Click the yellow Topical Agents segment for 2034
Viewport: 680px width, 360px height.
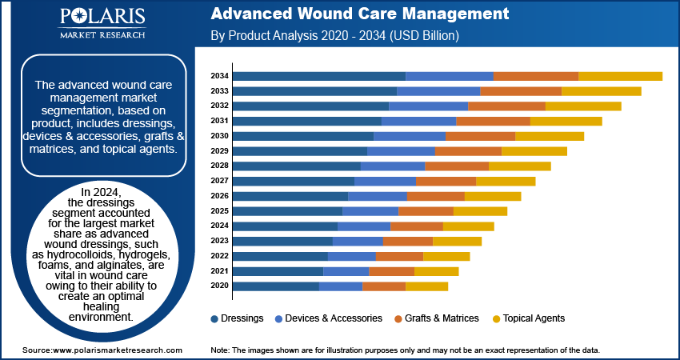(621, 76)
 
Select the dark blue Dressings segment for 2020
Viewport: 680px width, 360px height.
(276, 286)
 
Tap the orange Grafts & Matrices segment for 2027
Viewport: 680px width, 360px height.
(446, 182)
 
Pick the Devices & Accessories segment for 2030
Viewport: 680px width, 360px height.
(410, 136)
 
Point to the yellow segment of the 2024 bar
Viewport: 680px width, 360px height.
(469, 226)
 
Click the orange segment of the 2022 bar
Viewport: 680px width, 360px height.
(399, 256)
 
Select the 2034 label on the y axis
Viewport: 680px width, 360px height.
(219, 76)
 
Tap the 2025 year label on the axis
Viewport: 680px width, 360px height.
(219, 211)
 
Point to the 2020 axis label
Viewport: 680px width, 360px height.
(219, 286)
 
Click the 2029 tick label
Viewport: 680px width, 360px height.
(219, 151)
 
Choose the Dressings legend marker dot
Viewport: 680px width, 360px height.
(214, 319)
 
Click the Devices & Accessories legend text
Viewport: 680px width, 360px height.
(334, 318)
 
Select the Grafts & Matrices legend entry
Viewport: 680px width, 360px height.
(437, 318)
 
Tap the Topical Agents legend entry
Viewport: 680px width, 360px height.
(529, 318)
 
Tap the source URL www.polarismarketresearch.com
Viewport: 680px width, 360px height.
(117, 350)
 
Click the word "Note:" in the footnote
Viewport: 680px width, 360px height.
(220, 350)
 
